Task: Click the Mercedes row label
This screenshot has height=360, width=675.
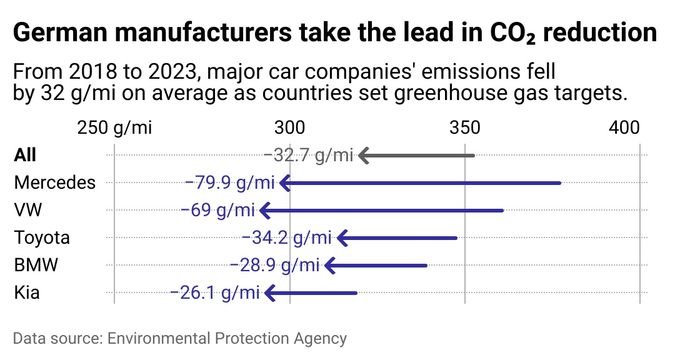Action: point(55,182)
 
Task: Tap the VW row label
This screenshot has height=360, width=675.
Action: point(28,210)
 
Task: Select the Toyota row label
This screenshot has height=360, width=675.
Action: point(42,237)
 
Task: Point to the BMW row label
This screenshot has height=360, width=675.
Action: point(36,265)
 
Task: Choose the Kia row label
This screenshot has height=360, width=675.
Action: point(27,292)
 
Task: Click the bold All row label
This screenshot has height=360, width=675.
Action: point(25,155)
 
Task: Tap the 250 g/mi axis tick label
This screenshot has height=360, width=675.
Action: point(114,128)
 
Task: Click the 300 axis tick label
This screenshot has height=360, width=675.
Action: point(290,128)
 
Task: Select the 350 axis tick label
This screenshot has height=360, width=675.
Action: point(465,128)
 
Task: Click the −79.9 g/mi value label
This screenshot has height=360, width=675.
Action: point(230,182)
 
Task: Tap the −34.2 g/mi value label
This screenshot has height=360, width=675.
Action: point(286,237)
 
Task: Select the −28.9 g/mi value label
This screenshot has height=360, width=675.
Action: point(274,265)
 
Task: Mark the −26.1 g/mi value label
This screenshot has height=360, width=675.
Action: point(214,292)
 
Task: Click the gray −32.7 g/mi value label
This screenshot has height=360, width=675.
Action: point(309,155)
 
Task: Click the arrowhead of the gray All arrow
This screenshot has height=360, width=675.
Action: point(364,155)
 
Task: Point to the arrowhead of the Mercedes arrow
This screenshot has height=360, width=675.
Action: point(285,182)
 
